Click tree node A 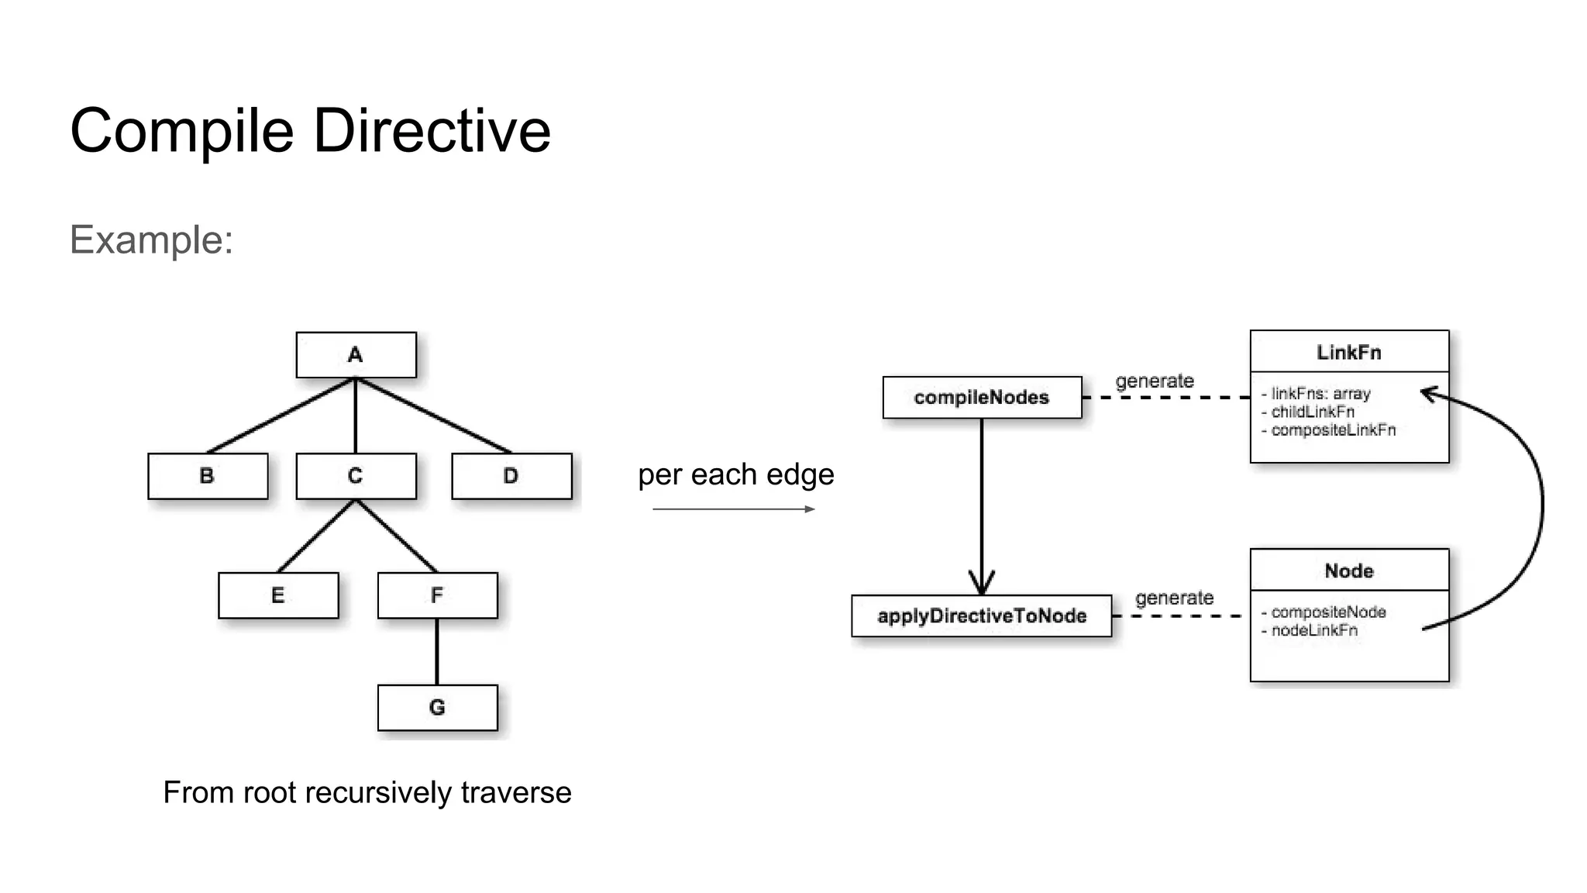pos(356,355)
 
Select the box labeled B pos(208,476)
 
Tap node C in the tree pos(356,476)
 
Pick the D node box pos(511,476)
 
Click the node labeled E pos(278,595)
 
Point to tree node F pos(437,595)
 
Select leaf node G pos(437,708)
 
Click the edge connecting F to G pos(437,651)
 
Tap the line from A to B pos(281,415)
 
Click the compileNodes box pos(982,398)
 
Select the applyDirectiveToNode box pos(981,616)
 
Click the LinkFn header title pos(1348,353)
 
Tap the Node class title pos(1348,571)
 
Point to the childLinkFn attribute pos(1313,412)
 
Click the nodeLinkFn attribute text pos(1314,630)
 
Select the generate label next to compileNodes pos(1154,381)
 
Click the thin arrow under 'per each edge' pos(733,509)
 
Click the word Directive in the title pos(432,131)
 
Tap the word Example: pos(152,240)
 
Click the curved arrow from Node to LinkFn pos(1541,504)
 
